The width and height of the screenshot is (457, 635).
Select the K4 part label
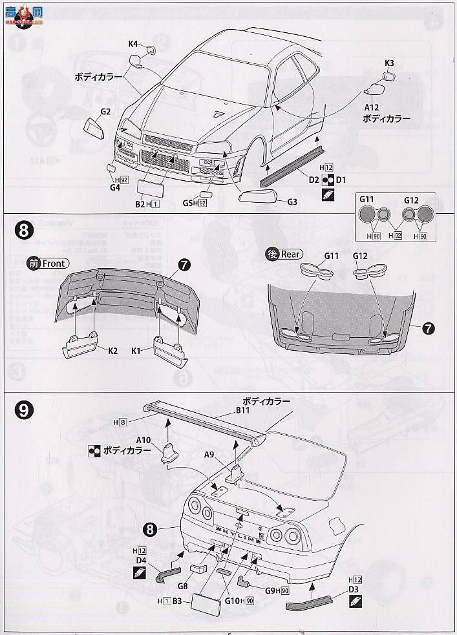133,44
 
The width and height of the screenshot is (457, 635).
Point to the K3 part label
389,63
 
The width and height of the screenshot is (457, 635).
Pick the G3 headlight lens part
259,196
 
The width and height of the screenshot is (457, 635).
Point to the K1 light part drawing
167,347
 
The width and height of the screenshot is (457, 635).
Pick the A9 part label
209,453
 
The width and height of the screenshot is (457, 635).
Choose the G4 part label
115,188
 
